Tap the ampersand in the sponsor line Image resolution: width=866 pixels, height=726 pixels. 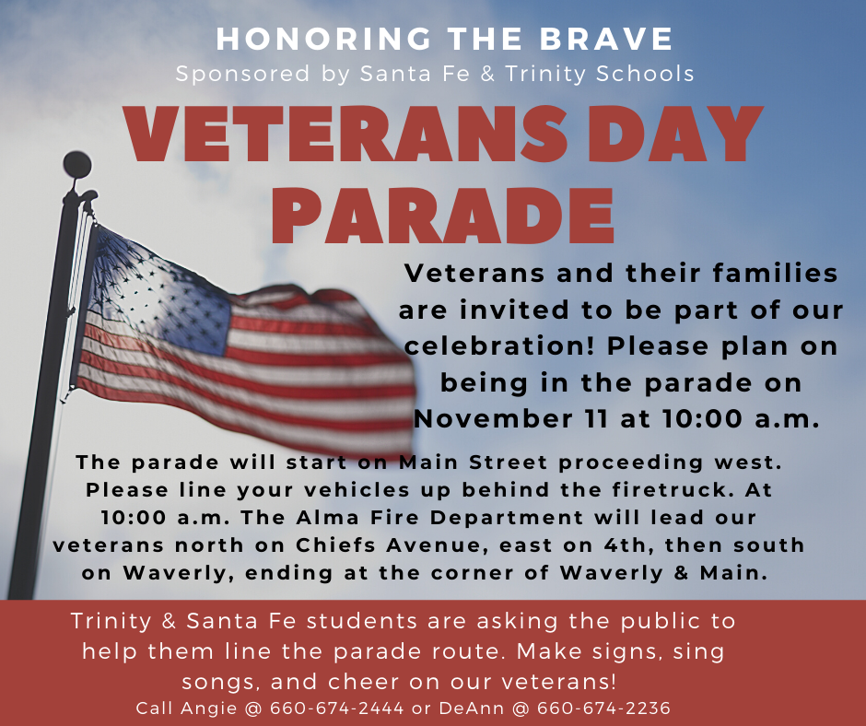coord(487,74)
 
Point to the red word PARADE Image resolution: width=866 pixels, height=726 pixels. coord(443,216)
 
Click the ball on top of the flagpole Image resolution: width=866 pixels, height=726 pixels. coord(76,165)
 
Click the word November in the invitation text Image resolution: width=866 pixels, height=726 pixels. coord(492,419)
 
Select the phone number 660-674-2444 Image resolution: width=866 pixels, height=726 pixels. coord(336,708)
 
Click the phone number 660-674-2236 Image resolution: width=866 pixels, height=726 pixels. coord(603,708)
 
